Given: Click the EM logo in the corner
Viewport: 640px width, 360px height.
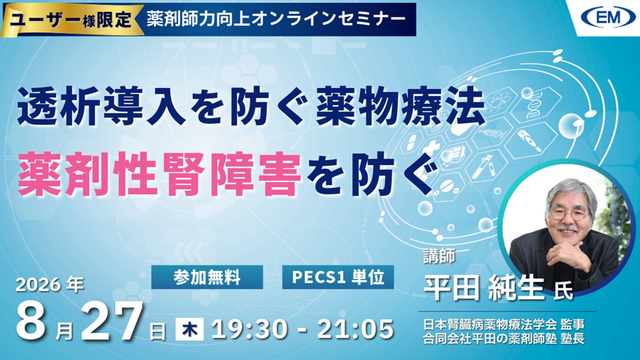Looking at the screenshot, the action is click(605, 17).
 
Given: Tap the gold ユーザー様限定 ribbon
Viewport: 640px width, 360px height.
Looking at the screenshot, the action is click(71, 20).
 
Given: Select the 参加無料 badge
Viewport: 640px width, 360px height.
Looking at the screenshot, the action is click(207, 277).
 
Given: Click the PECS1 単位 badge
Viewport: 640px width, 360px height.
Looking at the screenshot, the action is click(338, 277).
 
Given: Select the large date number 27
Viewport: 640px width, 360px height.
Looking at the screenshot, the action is click(111, 321).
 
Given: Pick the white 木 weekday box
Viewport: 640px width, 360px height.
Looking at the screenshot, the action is click(189, 329).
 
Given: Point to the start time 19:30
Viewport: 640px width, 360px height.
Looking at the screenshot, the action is click(248, 329).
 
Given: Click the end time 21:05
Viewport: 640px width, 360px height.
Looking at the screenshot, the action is click(355, 329).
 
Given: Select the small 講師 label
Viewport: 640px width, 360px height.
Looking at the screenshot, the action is click(439, 255).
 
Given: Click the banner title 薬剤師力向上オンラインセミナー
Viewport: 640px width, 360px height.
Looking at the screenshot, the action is click(276, 19).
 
